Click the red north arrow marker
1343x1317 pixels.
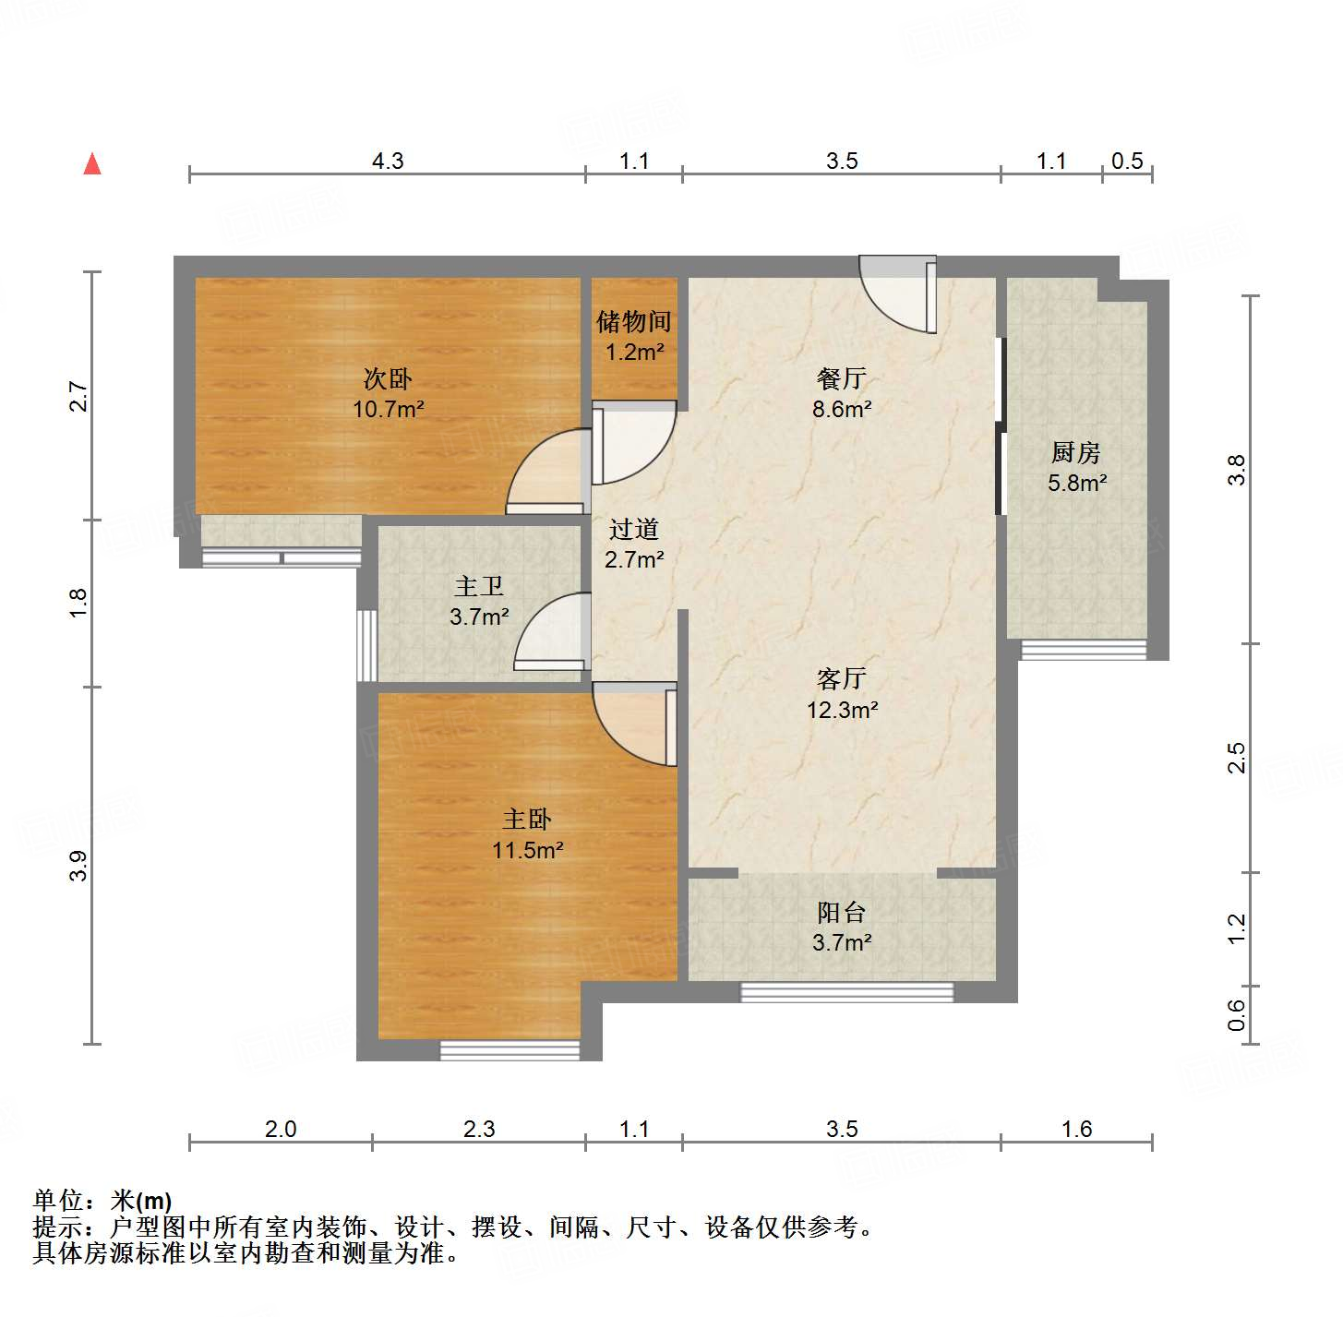point(92,163)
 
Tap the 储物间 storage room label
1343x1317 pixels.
point(633,322)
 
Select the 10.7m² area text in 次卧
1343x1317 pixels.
point(388,409)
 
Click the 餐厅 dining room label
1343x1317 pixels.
point(841,378)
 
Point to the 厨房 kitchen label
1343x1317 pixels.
point(1076,453)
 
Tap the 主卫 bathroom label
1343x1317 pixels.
point(479,586)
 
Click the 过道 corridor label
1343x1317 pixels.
point(634,530)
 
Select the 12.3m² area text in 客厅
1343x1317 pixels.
point(842,710)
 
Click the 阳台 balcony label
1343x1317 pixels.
point(841,913)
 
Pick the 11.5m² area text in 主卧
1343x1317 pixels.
point(527,850)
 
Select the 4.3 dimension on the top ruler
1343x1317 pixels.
point(388,162)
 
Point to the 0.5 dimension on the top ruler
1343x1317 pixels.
point(1127,162)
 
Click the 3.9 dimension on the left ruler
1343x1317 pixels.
point(78,865)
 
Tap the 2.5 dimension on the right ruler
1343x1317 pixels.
point(1237,758)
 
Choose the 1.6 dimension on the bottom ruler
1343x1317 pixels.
point(1076,1129)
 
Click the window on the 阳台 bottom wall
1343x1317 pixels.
point(846,992)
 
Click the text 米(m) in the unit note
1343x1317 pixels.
point(141,1201)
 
